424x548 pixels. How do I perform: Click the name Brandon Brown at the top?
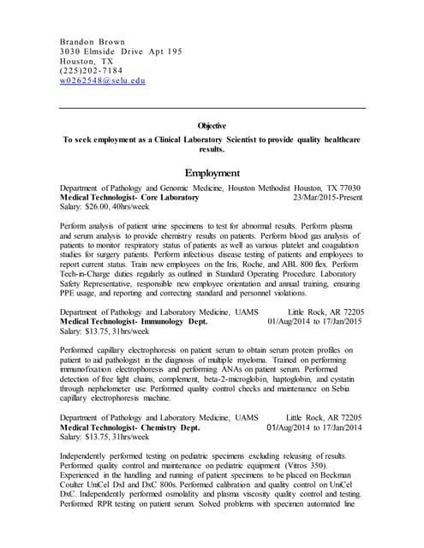(91, 41)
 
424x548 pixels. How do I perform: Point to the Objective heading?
(212, 125)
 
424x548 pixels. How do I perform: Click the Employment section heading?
(212, 172)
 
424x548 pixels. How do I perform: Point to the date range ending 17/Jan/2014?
(314, 426)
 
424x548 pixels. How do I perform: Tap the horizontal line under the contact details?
(212, 108)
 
